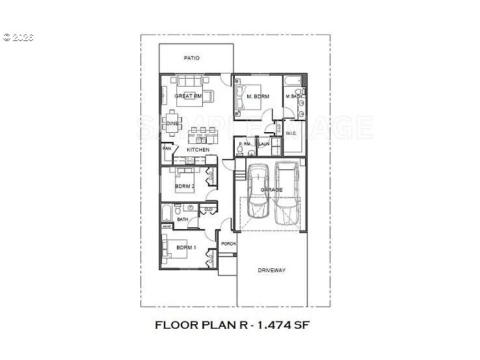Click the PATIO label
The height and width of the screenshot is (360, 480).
click(x=191, y=58)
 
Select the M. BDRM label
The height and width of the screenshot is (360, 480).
click(x=258, y=96)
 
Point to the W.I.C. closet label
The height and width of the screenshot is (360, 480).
click(x=291, y=133)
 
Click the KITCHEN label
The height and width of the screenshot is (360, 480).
click(x=198, y=150)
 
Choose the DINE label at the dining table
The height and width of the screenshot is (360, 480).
click(x=172, y=123)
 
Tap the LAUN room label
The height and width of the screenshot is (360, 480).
click(x=265, y=144)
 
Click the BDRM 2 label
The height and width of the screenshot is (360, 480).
click(x=185, y=187)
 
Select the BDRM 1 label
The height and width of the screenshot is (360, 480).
click(x=186, y=247)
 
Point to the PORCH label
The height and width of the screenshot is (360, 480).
click(x=228, y=243)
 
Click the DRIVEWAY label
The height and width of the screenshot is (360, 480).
click(x=271, y=270)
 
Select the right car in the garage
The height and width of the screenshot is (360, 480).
click(x=287, y=193)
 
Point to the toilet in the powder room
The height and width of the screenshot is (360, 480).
click(x=240, y=152)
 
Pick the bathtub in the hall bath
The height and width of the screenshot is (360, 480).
click(x=167, y=212)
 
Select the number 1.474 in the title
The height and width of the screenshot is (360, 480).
click(x=271, y=324)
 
